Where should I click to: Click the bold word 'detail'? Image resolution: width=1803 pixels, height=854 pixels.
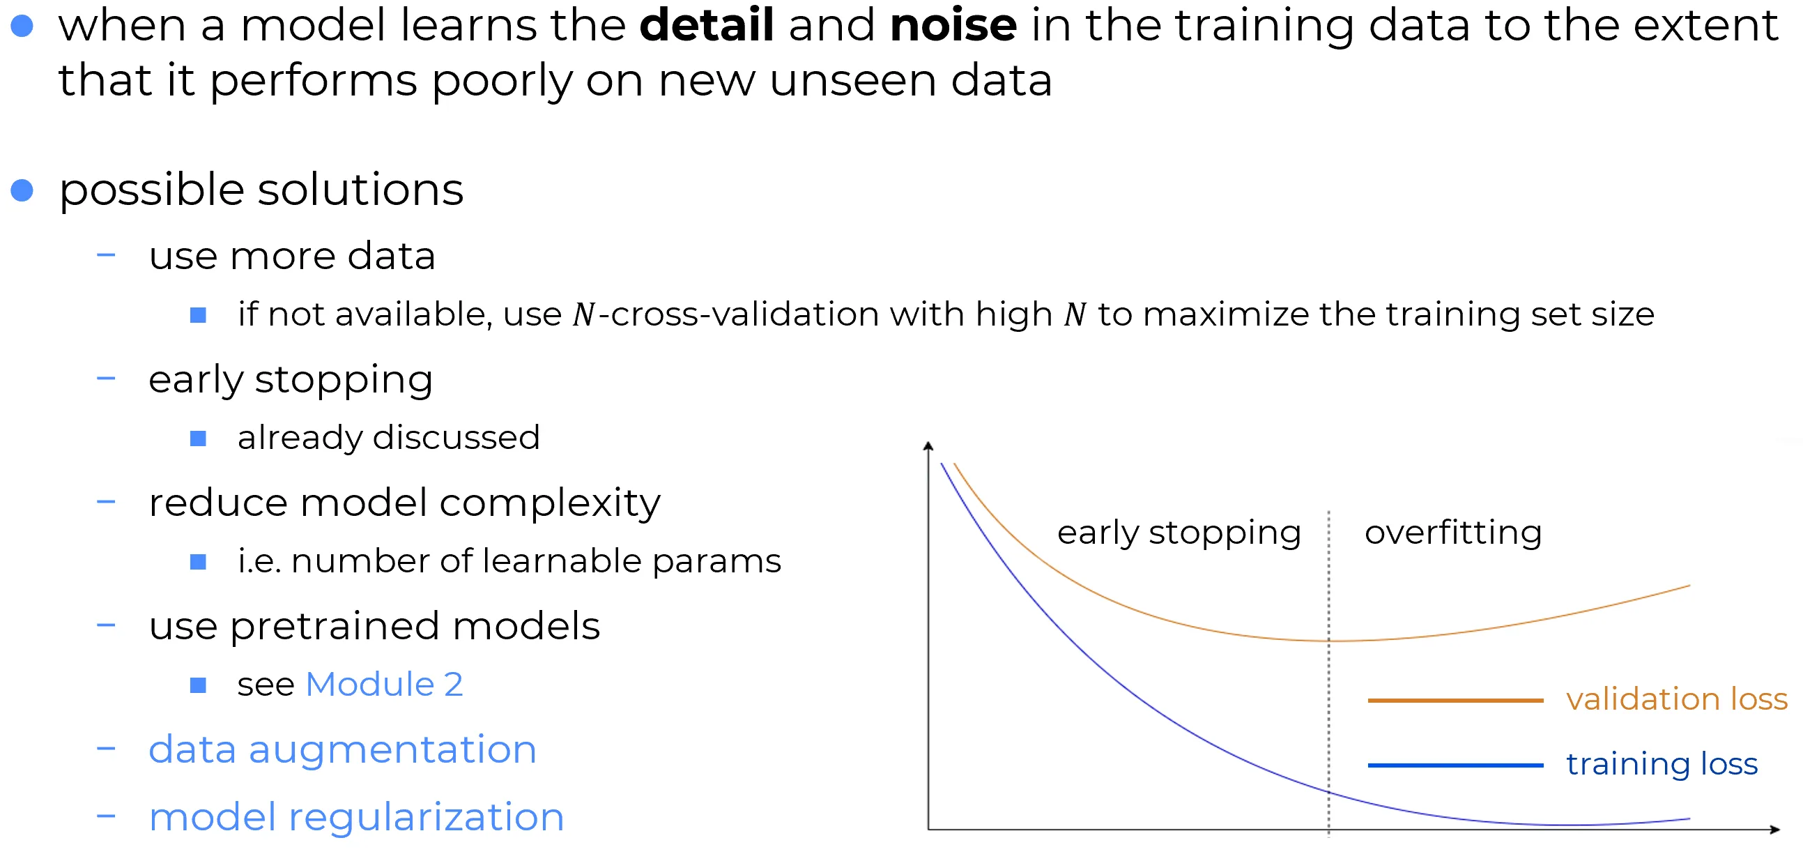click(707, 24)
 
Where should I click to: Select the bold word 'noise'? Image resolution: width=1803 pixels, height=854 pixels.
click(953, 24)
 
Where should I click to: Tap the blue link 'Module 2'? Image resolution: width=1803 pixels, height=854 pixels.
click(384, 684)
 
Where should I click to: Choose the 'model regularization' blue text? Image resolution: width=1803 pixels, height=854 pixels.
click(357, 818)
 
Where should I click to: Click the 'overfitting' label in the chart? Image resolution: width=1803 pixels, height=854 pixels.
click(1454, 533)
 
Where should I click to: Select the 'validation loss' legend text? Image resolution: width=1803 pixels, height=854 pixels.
click(1677, 699)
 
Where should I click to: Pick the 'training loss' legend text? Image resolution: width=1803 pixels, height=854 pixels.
click(1662, 764)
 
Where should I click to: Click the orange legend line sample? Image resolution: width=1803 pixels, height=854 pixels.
click(1456, 700)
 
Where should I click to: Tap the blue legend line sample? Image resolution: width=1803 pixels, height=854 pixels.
click(1456, 765)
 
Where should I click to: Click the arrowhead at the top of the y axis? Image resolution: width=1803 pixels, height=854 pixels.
click(928, 445)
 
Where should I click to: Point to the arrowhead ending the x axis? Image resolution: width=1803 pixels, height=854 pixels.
click(1774, 830)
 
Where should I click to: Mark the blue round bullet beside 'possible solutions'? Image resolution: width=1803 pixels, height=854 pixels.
click(22, 190)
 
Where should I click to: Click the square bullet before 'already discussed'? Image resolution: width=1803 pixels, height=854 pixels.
click(198, 439)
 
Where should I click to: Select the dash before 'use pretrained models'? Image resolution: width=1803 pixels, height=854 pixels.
click(106, 625)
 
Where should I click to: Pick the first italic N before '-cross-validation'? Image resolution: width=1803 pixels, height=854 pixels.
click(583, 315)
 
